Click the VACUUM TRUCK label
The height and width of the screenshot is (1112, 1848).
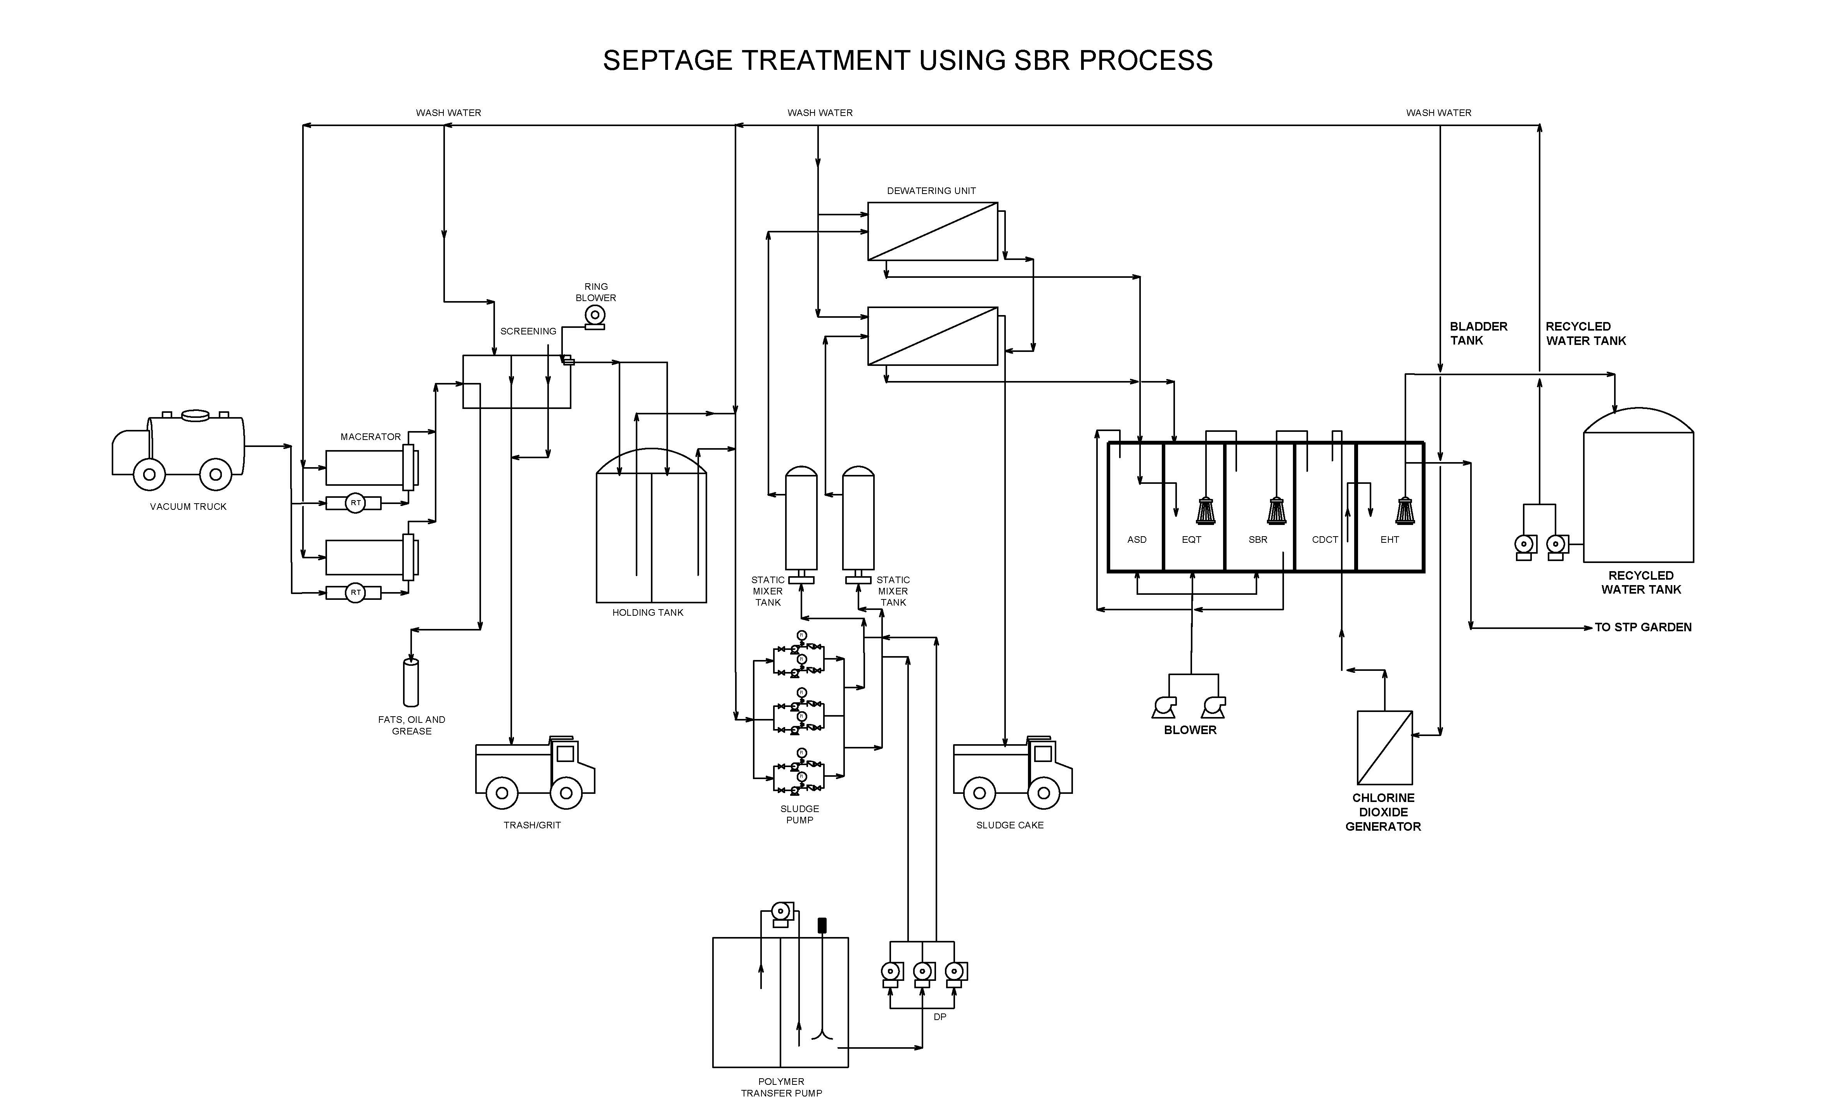tap(188, 507)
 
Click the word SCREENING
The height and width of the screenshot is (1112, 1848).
tap(528, 331)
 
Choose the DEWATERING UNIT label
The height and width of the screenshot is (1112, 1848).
tap(931, 191)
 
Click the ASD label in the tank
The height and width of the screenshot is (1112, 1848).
tap(1136, 540)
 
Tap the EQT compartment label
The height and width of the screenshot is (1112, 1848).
tap(1191, 540)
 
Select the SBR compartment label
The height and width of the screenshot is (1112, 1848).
tap(1258, 540)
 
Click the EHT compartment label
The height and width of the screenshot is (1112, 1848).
tap(1389, 540)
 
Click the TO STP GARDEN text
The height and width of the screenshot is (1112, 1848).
tap(1643, 627)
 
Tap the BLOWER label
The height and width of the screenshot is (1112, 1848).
tap(1190, 730)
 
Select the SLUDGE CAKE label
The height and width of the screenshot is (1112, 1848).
tap(1009, 825)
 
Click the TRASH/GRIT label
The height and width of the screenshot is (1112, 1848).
tap(532, 825)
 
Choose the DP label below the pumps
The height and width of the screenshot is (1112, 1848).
tap(940, 1017)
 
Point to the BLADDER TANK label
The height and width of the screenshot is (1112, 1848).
tap(1478, 333)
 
